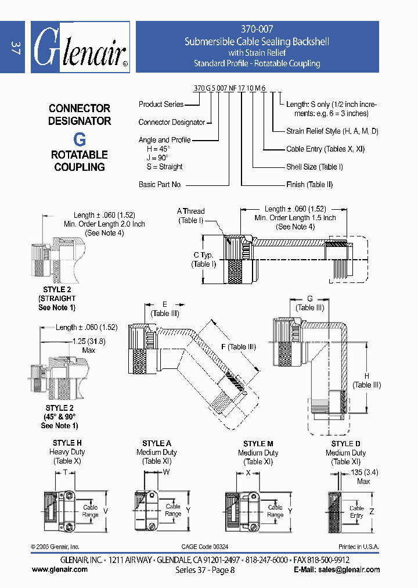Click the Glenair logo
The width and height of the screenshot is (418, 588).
(80, 48)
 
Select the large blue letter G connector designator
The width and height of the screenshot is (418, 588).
(79, 139)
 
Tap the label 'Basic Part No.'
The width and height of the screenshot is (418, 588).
(160, 184)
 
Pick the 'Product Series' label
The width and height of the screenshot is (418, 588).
(161, 105)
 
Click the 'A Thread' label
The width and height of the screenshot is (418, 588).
(190, 211)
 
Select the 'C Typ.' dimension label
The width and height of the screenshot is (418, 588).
(203, 256)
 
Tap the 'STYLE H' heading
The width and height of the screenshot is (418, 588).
(67, 443)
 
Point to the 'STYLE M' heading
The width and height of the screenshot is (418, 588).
(258, 444)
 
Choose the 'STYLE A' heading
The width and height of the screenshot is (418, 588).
(157, 444)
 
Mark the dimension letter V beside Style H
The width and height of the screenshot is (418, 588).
(105, 511)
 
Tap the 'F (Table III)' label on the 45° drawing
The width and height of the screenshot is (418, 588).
(238, 347)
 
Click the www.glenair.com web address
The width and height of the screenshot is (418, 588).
(60, 569)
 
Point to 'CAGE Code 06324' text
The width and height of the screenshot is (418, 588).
(205, 547)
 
